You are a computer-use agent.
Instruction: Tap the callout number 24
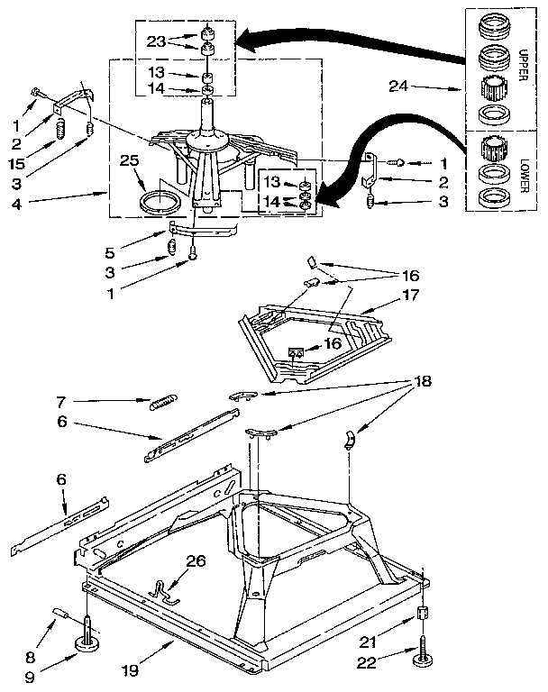[397, 87]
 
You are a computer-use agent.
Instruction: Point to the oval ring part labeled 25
[157, 199]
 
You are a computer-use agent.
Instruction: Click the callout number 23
[155, 41]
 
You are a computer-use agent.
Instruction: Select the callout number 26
[196, 560]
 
